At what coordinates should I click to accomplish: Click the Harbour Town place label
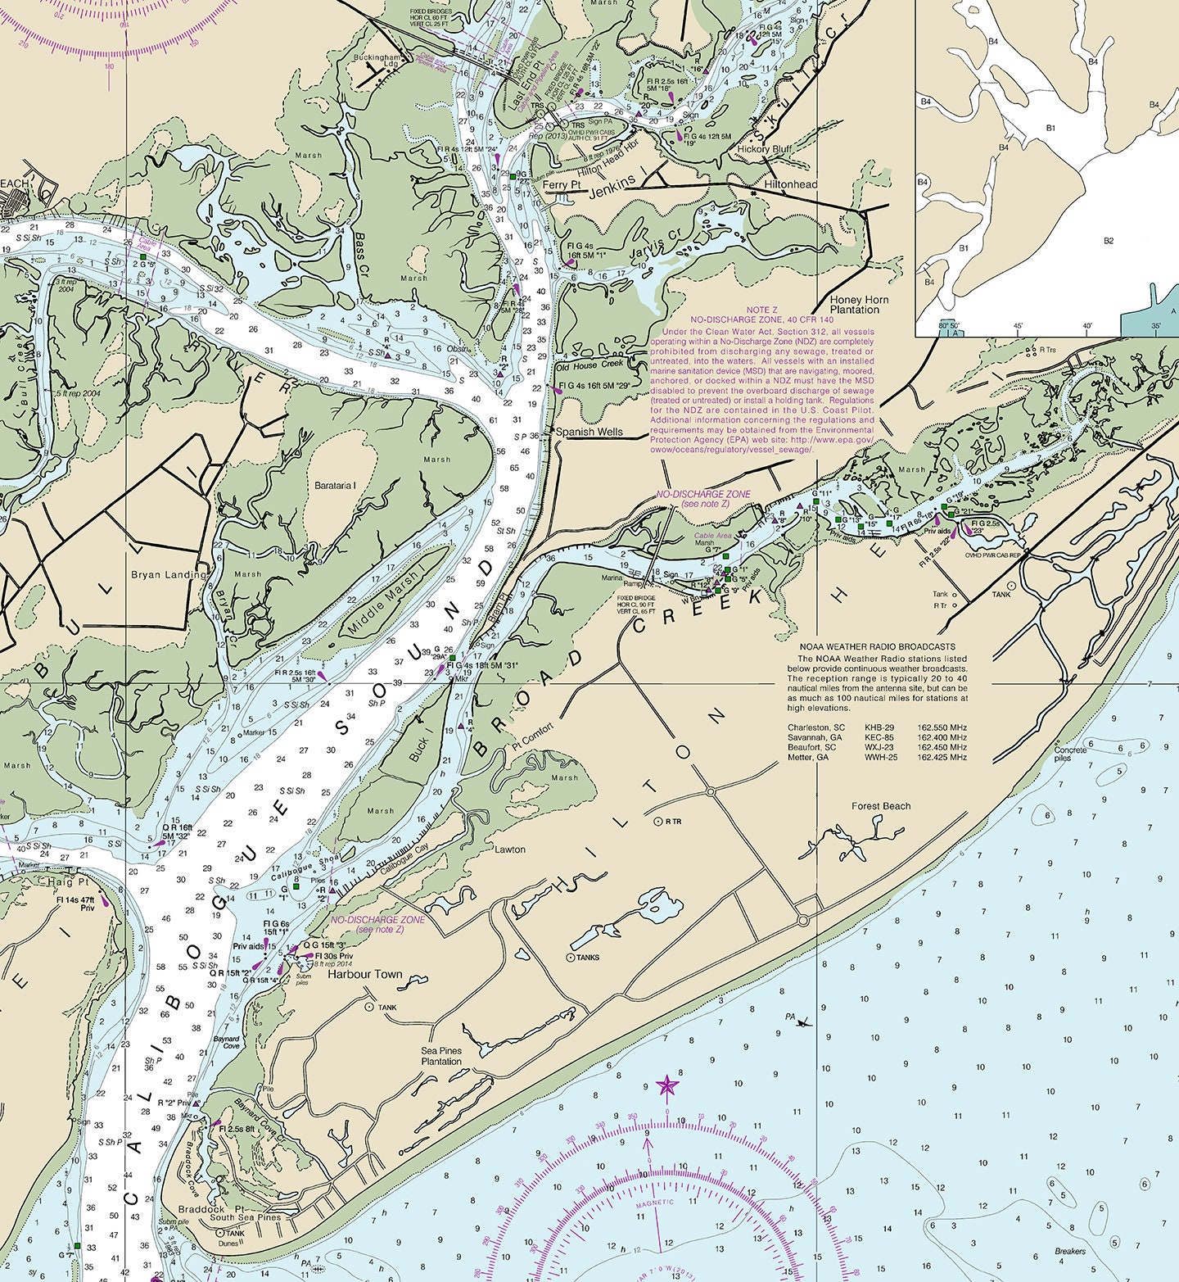pyautogui.click(x=365, y=974)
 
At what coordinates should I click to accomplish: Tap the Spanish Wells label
pyautogui.click(x=589, y=432)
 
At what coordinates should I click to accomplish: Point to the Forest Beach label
pyautogui.click(x=880, y=806)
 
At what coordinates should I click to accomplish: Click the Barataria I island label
pyautogui.click(x=336, y=486)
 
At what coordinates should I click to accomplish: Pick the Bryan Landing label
pyautogui.click(x=169, y=574)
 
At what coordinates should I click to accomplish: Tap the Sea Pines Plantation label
pyautogui.click(x=441, y=1056)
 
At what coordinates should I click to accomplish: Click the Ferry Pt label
pyautogui.click(x=561, y=185)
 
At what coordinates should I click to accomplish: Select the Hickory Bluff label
pyautogui.click(x=764, y=149)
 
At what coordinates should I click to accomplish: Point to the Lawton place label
pyautogui.click(x=509, y=849)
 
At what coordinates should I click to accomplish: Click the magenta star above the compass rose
pyautogui.click(x=667, y=1086)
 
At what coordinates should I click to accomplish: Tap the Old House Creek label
pyautogui.click(x=589, y=364)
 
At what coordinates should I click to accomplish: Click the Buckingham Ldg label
pyautogui.click(x=381, y=61)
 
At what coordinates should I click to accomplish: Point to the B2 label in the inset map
pyautogui.click(x=1109, y=241)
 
